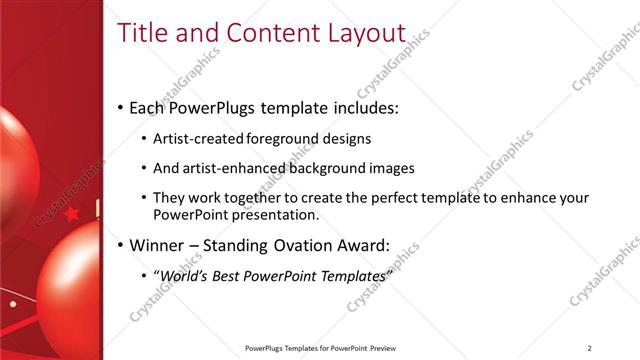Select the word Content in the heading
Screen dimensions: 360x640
tap(268, 33)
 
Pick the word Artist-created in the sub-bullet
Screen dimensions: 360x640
tap(195, 139)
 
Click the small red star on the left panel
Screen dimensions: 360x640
tap(71, 213)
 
